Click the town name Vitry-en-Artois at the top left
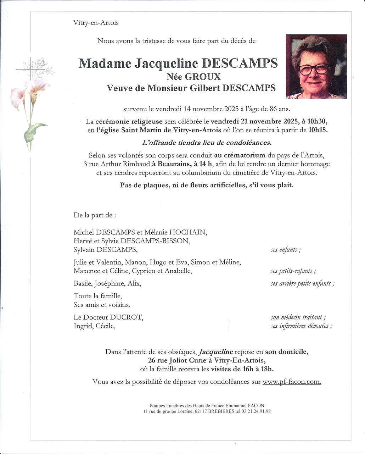pos(96,23)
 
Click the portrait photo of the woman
pos(316,66)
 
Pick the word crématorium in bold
pos(245,155)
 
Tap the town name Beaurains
pos(174,164)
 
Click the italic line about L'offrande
pos(207,143)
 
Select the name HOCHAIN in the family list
pos(188,233)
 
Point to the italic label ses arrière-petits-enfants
pos(302,284)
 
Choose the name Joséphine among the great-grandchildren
pos(109,284)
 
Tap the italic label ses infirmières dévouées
pos(301,326)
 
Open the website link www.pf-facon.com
pos(292,382)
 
